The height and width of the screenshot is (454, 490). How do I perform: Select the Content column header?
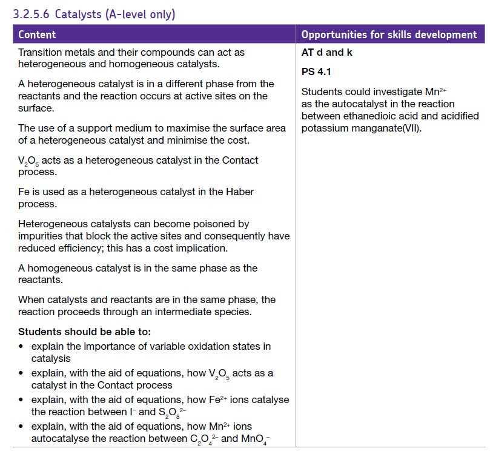(x=37, y=35)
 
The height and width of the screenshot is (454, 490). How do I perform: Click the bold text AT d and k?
(x=327, y=52)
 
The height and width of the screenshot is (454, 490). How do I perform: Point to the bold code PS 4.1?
(x=316, y=72)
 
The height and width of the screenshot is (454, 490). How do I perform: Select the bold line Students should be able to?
(x=84, y=332)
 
